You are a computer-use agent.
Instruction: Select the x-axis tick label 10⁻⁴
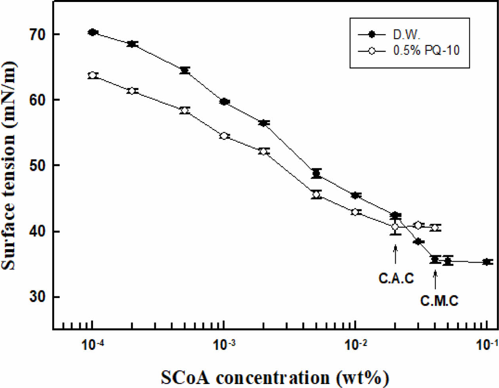coord(93,346)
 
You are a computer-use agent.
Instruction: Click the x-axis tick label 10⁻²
coord(355,346)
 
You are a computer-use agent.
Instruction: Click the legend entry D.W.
coord(406,35)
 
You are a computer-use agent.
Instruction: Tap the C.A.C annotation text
coord(396,279)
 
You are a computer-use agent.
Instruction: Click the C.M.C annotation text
coord(439,301)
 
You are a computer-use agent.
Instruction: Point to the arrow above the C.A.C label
coord(395,254)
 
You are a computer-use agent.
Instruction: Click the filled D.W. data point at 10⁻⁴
coord(93,32)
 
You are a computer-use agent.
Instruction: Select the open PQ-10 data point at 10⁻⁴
coord(93,75)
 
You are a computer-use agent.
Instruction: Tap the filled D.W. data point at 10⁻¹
coord(487,262)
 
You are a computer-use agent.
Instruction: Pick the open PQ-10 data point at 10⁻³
coord(224,136)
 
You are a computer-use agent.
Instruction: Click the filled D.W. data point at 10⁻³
coord(224,102)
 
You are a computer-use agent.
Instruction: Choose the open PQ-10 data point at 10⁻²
coord(356,212)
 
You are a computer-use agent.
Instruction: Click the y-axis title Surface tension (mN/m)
coord(9,165)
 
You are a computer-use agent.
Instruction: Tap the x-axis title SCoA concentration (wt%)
coord(274,377)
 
